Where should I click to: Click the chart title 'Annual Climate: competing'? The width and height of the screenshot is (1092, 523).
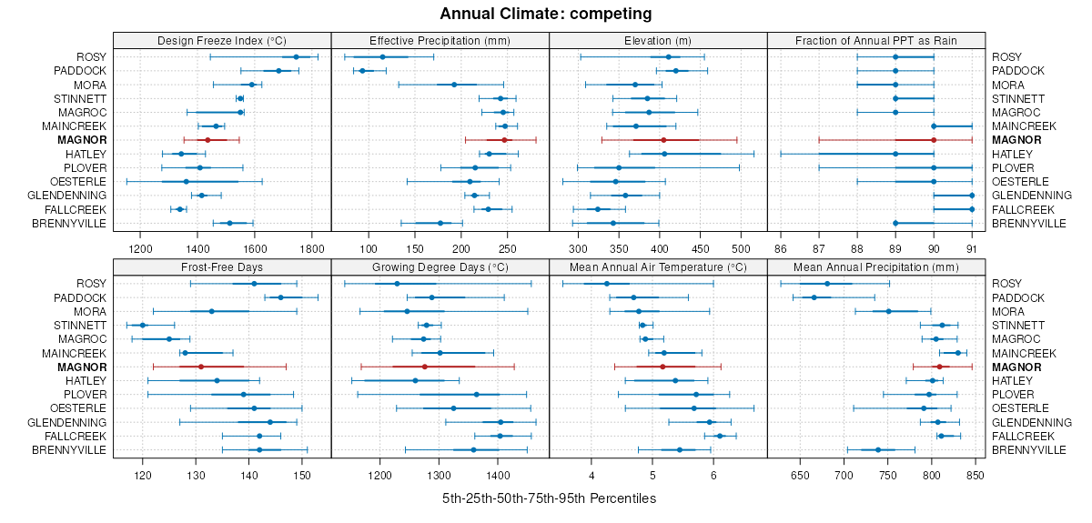(x=546, y=14)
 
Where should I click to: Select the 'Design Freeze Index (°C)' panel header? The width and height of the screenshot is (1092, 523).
(x=222, y=41)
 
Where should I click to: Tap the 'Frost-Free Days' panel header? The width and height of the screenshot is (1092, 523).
(x=222, y=268)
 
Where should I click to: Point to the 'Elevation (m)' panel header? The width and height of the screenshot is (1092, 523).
(x=658, y=41)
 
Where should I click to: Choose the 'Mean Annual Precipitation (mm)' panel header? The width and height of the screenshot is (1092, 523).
(x=876, y=268)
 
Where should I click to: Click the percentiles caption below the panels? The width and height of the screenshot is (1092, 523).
(x=549, y=498)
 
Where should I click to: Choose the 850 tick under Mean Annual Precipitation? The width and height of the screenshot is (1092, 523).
(x=975, y=475)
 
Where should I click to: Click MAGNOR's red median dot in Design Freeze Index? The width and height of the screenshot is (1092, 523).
(x=207, y=140)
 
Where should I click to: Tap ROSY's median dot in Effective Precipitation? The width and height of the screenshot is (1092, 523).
(x=382, y=57)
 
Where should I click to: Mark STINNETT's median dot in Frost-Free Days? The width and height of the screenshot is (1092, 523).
(x=142, y=325)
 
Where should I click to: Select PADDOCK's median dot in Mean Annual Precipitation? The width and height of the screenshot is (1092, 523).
(x=814, y=297)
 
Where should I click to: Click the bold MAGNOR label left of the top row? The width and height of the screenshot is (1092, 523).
(x=82, y=140)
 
